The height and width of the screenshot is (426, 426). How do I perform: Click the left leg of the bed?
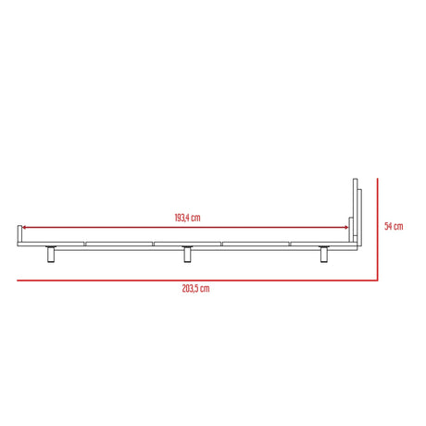(x=52, y=254)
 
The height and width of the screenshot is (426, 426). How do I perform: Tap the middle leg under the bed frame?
(x=187, y=254)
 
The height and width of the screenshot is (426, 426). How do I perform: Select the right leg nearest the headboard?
(x=324, y=254)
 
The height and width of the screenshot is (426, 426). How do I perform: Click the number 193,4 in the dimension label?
(x=182, y=218)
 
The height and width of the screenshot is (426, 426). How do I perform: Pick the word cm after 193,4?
(x=197, y=218)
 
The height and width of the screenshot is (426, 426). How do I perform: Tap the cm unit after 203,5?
(x=205, y=289)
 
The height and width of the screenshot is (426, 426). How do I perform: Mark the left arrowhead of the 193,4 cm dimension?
(x=25, y=228)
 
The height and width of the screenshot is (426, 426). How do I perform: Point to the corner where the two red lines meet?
(x=380, y=280)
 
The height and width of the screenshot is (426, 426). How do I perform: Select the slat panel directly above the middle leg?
(x=188, y=244)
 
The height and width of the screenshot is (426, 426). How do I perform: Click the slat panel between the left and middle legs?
(x=119, y=244)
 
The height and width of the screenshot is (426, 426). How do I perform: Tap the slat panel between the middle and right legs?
(x=257, y=244)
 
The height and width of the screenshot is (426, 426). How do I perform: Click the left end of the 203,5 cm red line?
(x=18, y=280)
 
